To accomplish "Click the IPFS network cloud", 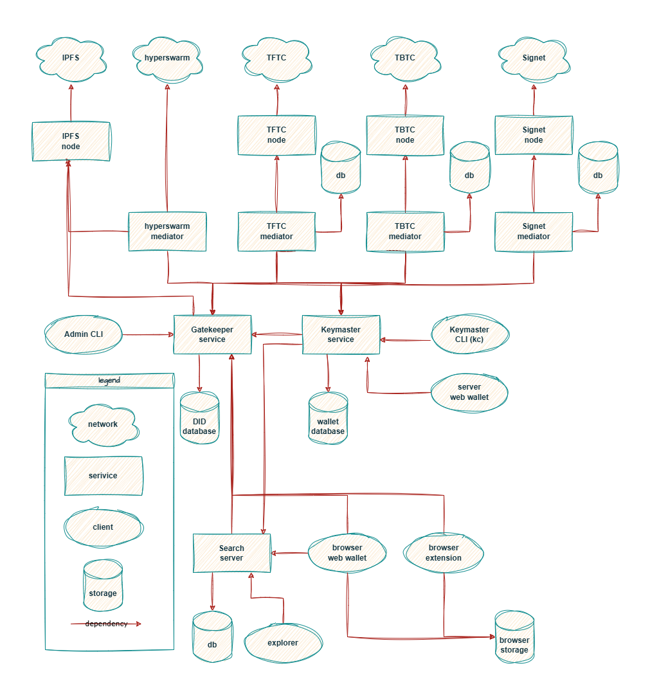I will coord(71,59).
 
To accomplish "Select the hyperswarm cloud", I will coord(167,59).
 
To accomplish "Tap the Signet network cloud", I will coord(534,59).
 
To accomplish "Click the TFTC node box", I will coord(276,135).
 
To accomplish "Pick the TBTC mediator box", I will coord(405,231).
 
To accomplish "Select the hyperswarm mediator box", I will coord(167,231).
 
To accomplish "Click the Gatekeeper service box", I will coord(212,334).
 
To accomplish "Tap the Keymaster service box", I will coord(341,334).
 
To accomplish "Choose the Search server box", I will coord(231,553).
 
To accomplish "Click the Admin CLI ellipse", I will coord(84,334).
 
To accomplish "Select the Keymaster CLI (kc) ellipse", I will coord(469,334).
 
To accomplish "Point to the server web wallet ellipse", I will coord(469,392).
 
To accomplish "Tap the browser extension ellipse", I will coord(444,553).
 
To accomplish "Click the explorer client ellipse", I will coord(283,643).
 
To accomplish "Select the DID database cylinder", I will coord(199,421).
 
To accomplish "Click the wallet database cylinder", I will coord(328,421).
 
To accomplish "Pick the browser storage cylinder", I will coord(514,640).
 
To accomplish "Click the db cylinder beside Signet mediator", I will coord(598,170).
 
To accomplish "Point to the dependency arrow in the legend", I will coord(106,624).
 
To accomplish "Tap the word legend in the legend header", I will coord(109,381).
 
